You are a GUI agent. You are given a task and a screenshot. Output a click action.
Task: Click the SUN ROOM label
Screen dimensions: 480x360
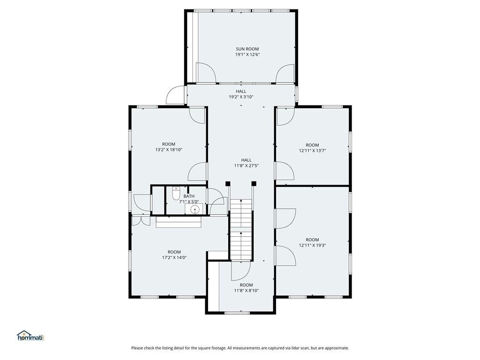coord(247,49)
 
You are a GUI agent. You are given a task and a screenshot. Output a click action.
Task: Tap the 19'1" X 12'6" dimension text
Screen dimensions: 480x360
coord(247,55)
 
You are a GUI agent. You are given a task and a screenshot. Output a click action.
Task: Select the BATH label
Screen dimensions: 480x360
coord(189,196)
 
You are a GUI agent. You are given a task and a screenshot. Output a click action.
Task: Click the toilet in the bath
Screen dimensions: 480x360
coord(176,194)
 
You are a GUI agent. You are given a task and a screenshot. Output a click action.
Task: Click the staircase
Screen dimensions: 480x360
coord(241,230)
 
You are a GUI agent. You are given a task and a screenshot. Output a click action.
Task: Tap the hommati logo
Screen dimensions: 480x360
coord(31,336)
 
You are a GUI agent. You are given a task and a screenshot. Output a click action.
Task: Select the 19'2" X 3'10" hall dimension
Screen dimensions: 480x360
coord(241,97)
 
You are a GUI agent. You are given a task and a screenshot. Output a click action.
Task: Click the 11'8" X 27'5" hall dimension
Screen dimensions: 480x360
coord(247,166)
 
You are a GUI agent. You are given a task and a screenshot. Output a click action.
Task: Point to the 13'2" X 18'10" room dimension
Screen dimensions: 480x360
coord(169,150)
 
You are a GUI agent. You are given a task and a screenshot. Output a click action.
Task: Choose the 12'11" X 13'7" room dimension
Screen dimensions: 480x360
coord(312,150)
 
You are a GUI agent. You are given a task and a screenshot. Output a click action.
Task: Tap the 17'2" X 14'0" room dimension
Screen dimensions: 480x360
coord(174,258)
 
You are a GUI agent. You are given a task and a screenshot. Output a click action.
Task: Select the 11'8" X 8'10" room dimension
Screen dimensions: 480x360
coord(247,291)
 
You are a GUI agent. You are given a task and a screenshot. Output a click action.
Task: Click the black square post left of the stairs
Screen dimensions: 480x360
coord(228,183)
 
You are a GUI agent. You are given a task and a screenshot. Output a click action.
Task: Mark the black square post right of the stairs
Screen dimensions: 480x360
coord(254,183)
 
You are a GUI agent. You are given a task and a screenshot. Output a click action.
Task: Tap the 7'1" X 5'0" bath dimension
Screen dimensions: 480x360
coord(189,202)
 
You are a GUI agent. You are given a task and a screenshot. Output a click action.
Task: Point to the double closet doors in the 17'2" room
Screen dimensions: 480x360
coord(141,221)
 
